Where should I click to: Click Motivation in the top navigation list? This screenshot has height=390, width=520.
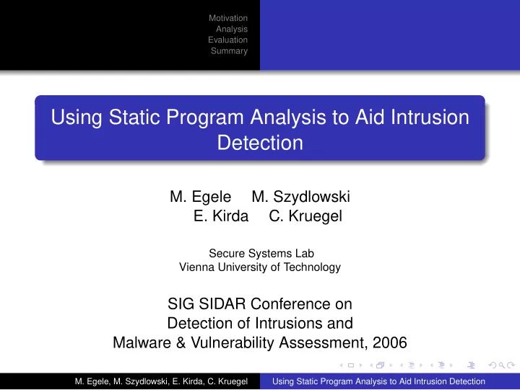coord(227,18)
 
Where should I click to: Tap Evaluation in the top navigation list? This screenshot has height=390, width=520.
coord(227,40)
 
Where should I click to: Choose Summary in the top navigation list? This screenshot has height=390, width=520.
coord(229,51)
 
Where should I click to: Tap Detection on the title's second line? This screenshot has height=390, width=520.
coord(260,143)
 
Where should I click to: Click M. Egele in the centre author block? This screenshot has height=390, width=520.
coord(200,196)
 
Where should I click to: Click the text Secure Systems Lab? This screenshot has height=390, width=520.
coord(261,253)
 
